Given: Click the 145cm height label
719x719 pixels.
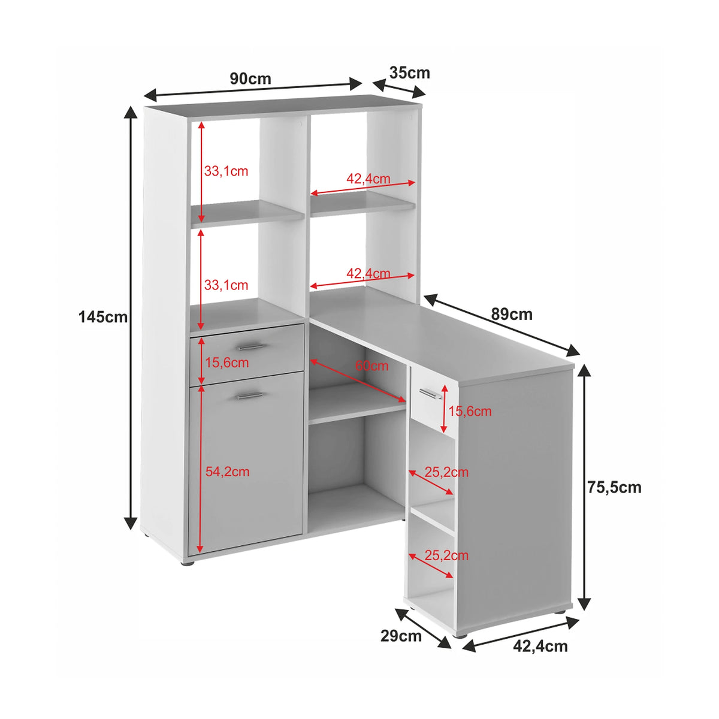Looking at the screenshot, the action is coord(103,317).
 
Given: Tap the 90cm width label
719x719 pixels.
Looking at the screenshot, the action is coord(250,78).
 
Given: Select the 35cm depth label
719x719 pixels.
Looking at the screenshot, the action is coord(410,72).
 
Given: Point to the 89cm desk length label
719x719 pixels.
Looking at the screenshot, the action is coord(512,315).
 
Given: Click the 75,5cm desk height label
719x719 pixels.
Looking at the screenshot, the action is coord(615,488).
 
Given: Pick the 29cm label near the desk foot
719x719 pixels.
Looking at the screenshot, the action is coord(401,636).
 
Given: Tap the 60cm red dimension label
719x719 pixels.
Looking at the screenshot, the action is coord(371,365).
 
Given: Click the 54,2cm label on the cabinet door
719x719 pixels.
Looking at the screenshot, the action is coord(227,472).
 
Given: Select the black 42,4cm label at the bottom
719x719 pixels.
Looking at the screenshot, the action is coord(540,647).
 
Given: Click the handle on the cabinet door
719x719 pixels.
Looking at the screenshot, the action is coord(250,395).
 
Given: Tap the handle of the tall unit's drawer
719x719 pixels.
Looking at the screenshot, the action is coord(250,347).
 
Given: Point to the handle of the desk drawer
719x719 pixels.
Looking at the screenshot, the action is coord(430,394).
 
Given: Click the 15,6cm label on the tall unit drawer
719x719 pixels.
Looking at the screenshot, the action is coord(227,362).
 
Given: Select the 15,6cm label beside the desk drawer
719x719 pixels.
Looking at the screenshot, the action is coord(470,412).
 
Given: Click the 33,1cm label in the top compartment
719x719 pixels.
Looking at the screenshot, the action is coord(226,171).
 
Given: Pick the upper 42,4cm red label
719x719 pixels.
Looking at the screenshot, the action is coord(368,179).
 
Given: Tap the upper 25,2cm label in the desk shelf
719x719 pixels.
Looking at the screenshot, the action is coord(446,472).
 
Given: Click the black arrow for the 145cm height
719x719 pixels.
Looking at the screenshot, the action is coord(130,318).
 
